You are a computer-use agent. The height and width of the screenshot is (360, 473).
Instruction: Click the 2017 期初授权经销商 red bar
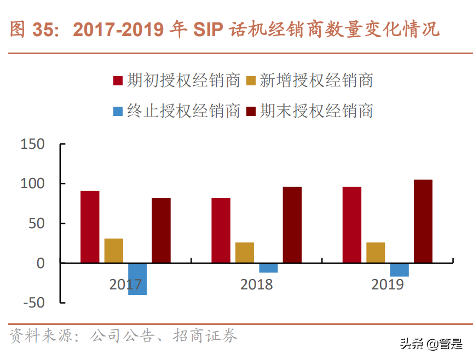[90, 227]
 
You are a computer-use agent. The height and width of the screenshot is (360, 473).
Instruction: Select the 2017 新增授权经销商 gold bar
[114, 251]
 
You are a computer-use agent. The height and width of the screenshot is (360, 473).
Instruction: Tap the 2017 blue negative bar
[137, 279]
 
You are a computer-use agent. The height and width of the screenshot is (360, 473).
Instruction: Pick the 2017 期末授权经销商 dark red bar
[161, 230]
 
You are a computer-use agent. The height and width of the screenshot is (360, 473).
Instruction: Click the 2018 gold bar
[245, 253]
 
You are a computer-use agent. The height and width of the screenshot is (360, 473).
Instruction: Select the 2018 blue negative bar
[268, 268]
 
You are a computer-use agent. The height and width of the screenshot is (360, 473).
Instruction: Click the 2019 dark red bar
[423, 222]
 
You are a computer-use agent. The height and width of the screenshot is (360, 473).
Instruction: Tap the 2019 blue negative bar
[400, 270]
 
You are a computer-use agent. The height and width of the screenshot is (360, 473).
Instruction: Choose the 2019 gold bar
[376, 253]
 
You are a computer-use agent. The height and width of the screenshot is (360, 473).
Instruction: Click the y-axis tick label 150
[32, 144]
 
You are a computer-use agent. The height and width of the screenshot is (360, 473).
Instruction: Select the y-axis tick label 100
[32, 184]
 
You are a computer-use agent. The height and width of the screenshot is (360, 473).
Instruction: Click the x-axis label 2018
[256, 284]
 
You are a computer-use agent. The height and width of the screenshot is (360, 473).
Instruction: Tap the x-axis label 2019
[388, 284]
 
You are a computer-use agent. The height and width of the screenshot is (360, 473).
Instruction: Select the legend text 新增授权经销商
[316, 81]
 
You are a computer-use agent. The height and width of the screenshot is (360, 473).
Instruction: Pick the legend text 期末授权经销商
[316, 112]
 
